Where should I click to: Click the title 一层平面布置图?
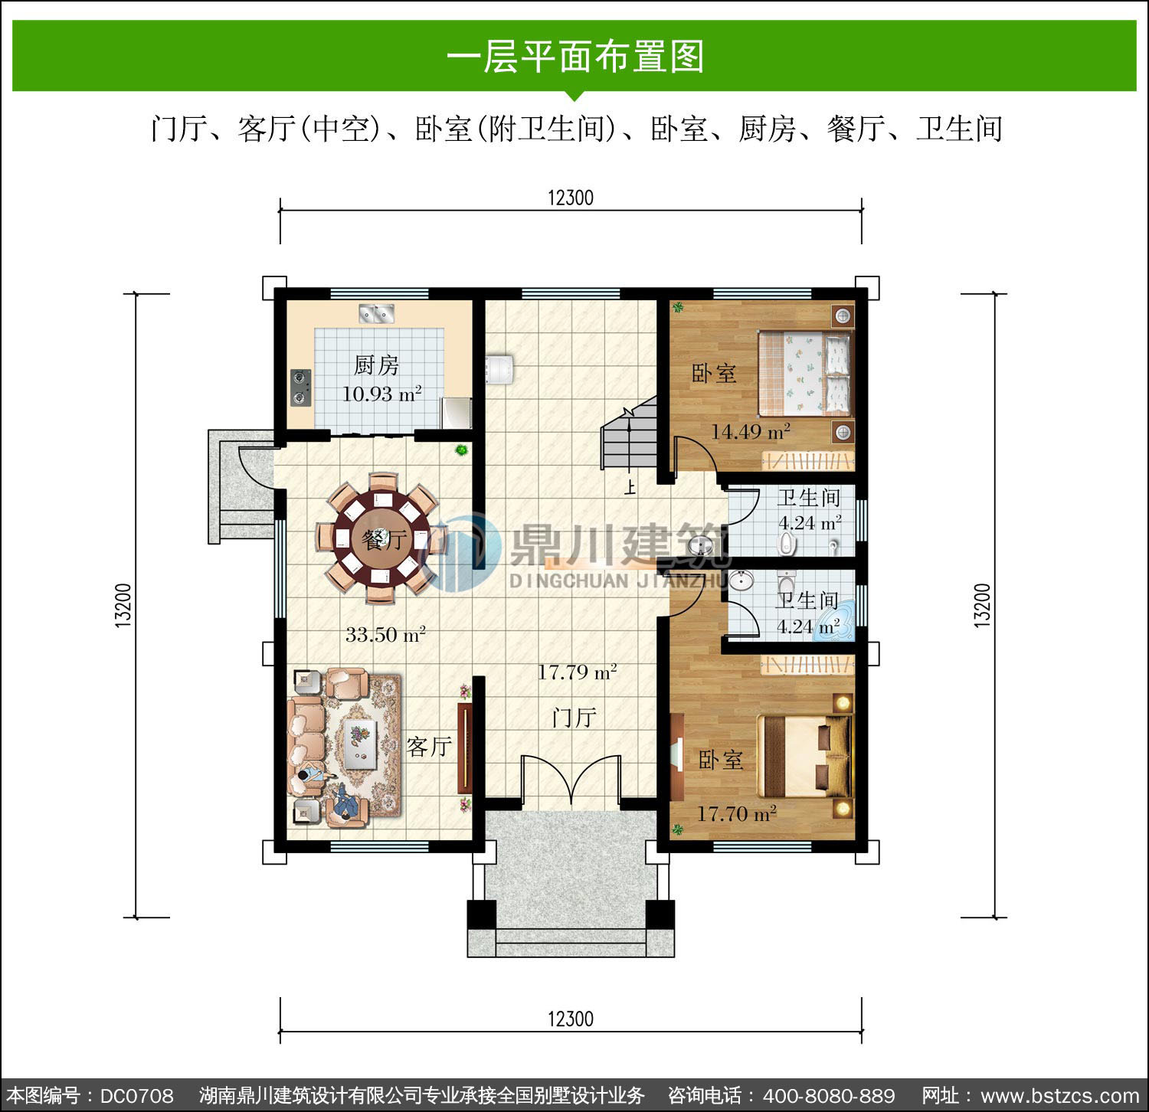[574, 57]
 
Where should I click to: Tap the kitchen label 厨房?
[376, 365]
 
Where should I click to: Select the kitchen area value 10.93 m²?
[381, 394]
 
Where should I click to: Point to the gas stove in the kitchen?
[300, 388]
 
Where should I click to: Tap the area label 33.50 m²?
[385, 634]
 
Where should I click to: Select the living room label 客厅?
[429, 746]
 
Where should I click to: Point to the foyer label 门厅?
[574, 718]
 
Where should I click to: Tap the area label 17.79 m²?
[577, 672]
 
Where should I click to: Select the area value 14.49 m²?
[751, 432]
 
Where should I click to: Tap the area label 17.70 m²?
[736, 813]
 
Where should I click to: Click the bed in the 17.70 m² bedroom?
[805, 757]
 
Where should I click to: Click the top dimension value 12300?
[571, 198]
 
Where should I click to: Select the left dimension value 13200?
[123, 605]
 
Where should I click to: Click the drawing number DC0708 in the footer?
[137, 1096]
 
